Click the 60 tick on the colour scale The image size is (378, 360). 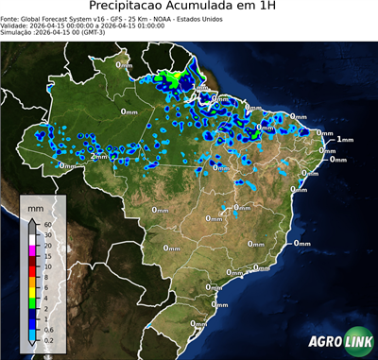click(44, 225)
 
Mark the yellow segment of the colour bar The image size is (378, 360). click(31, 287)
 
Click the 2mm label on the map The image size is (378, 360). click(97, 156)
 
